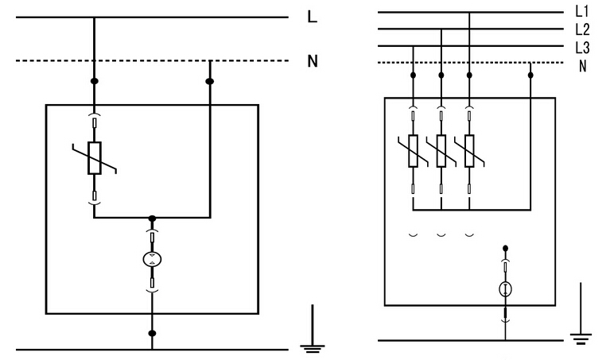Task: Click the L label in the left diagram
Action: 313,17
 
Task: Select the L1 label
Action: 581,12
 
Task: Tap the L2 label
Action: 581,29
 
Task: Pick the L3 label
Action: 581,46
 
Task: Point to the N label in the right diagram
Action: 583,64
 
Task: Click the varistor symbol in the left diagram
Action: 94,157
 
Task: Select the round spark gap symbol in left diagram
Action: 151,258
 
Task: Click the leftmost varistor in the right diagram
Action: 414,150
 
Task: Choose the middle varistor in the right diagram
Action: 441,150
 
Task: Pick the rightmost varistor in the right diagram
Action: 468,150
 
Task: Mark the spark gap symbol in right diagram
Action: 504,290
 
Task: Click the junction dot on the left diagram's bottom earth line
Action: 151,333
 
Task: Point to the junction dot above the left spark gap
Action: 151,217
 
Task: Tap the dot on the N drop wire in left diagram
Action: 210,81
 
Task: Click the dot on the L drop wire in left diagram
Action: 94,81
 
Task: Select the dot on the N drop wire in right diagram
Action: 530,75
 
